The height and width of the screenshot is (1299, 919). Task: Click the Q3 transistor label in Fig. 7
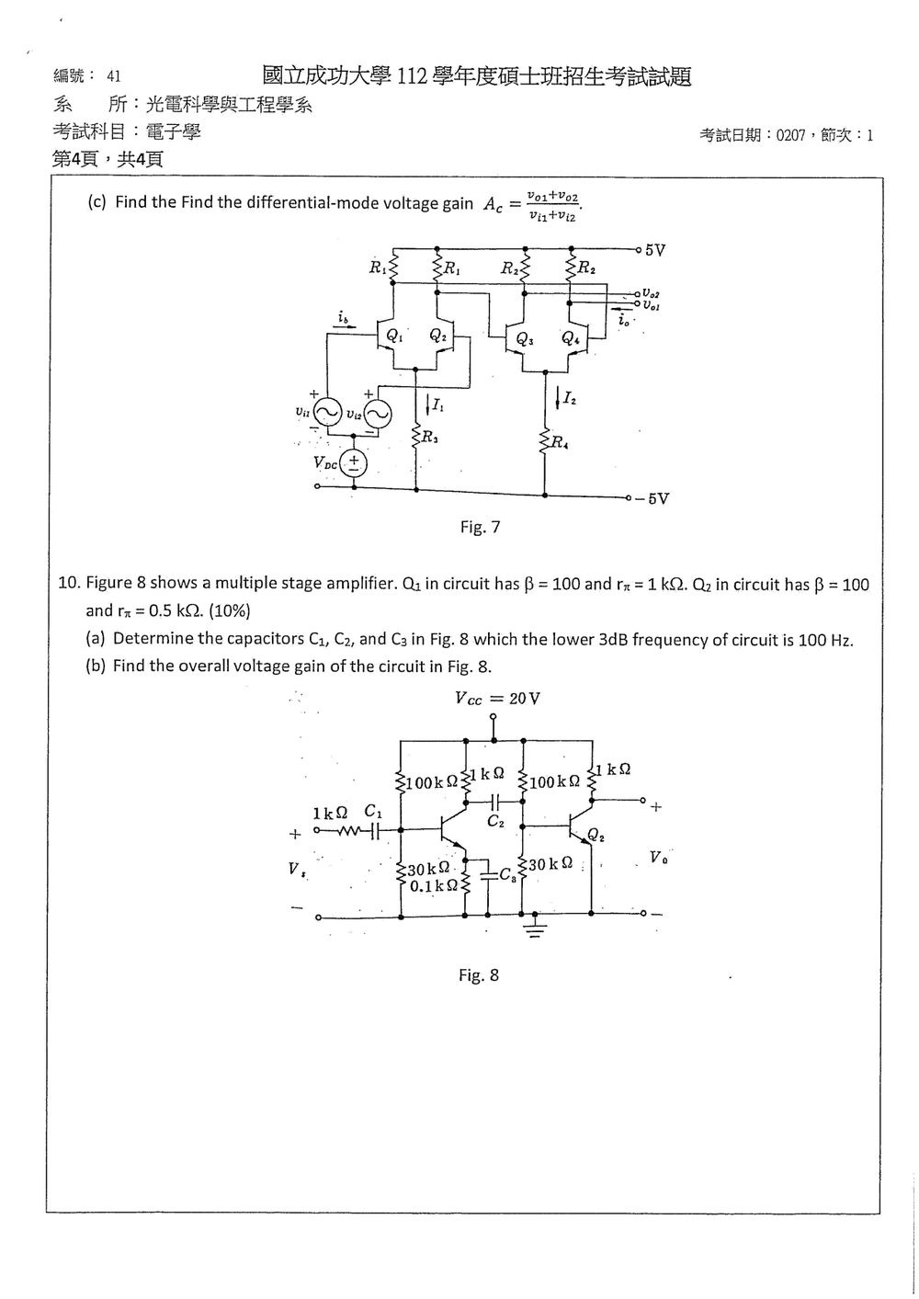(525, 338)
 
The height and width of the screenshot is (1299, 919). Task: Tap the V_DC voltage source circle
(353, 463)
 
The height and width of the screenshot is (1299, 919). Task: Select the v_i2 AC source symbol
(378, 414)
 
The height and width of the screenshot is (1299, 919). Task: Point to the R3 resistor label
(430, 438)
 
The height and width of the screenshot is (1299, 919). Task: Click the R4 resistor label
(560, 443)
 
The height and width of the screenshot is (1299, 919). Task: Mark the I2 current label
(570, 398)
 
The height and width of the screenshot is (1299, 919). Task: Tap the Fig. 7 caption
(480, 527)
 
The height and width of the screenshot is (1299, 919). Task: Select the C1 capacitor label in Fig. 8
(373, 811)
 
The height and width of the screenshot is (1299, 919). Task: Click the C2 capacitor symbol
(494, 802)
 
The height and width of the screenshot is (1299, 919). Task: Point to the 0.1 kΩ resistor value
(434, 885)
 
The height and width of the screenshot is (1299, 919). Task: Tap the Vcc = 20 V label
(497, 698)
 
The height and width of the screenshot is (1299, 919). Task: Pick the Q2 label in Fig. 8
(596, 836)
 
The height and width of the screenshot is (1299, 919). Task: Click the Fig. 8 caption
(479, 974)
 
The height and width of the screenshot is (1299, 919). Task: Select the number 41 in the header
(114, 76)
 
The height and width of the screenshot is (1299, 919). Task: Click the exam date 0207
(791, 136)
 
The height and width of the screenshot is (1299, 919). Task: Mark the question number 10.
(68, 583)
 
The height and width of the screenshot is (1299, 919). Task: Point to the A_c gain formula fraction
(552, 207)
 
